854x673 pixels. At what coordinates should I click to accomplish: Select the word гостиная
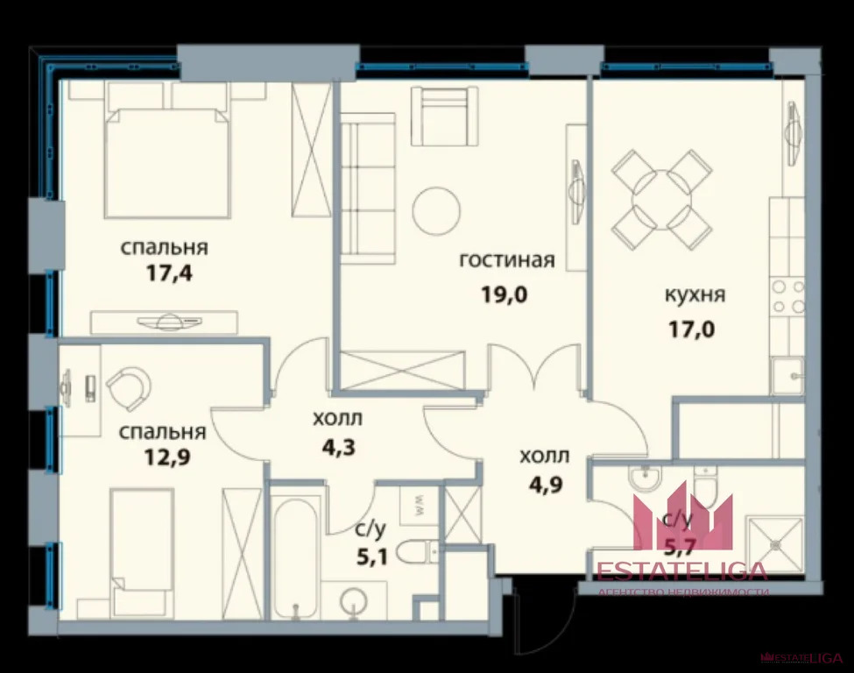(x=507, y=260)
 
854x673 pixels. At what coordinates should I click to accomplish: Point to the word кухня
(x=695, y=295)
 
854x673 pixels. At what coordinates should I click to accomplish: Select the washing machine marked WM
(x=418, y=503)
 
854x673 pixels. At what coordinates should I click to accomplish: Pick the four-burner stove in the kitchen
(x=786, y=297)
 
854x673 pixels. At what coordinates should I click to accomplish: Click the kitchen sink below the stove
(x=787, y=377)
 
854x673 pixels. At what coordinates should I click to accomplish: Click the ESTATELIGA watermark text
(x=681, y=571)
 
